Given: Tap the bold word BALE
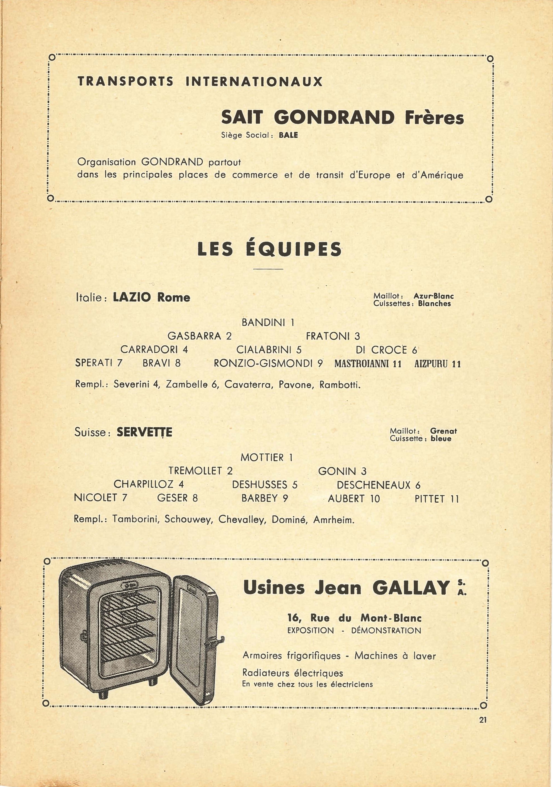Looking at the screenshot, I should point(288,135).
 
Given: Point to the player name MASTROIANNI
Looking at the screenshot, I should point(363,364).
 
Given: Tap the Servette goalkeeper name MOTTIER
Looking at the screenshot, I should point(262,458).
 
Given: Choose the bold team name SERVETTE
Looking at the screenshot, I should point(144,432).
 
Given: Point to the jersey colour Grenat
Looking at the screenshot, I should point(443,431).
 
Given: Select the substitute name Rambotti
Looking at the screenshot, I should point(339,385).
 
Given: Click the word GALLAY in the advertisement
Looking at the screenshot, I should point(411,588).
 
